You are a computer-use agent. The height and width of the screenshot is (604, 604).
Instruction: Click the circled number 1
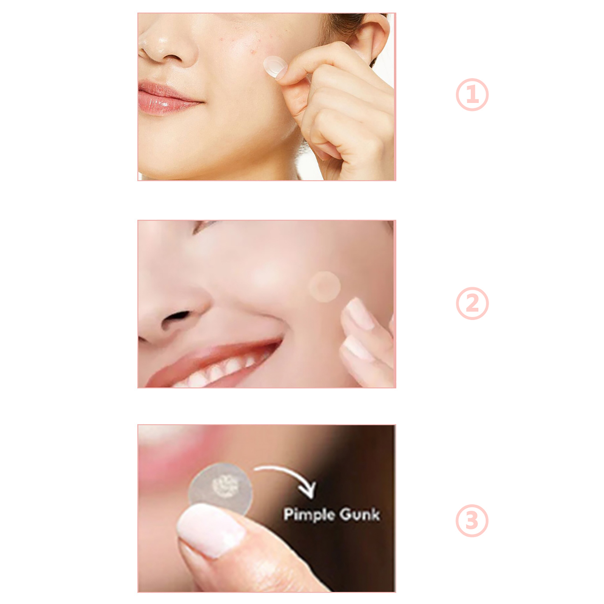point(472,94)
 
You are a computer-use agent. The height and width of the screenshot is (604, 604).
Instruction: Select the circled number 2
point(472,304)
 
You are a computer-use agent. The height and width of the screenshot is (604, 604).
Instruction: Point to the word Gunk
point(360,515)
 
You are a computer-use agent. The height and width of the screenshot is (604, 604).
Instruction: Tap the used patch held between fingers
point(220,489)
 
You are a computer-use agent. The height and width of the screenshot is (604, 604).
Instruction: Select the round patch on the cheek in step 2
point(324,287)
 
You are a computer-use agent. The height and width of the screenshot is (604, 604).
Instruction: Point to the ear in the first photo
point(372,38)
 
